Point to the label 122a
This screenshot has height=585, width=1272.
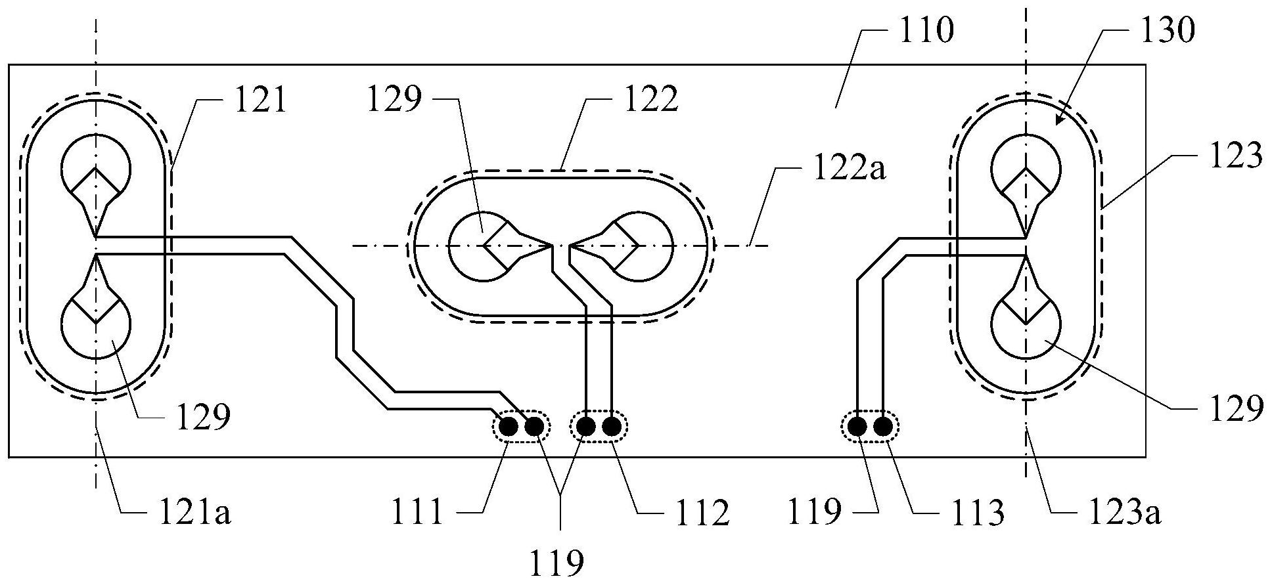pyautogui.click(x=850, y=170)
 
